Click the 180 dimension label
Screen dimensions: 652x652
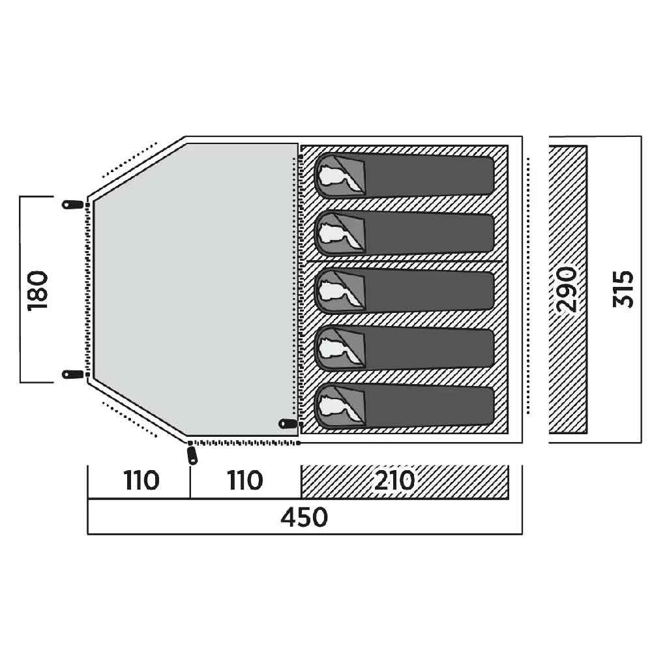click(37, 290)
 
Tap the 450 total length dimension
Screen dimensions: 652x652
click(304, 517)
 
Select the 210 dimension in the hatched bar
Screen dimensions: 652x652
click(394, 481)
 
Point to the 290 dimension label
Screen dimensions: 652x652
click(567, 289)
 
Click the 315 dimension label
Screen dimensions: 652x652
click(623, 289)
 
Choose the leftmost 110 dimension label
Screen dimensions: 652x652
click(141, 481)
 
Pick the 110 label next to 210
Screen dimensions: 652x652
click(245, 481)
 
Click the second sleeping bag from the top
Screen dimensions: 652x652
click(404, 233)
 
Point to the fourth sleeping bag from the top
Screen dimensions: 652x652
click(404, 348)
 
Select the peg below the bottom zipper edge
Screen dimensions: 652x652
click(192, 455)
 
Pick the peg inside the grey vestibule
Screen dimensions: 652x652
click(288, 424)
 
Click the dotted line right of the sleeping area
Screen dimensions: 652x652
click(528, 286)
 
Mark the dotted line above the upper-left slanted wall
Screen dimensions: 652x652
click(129, 160)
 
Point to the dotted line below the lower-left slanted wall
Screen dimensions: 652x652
click(129, 419)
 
